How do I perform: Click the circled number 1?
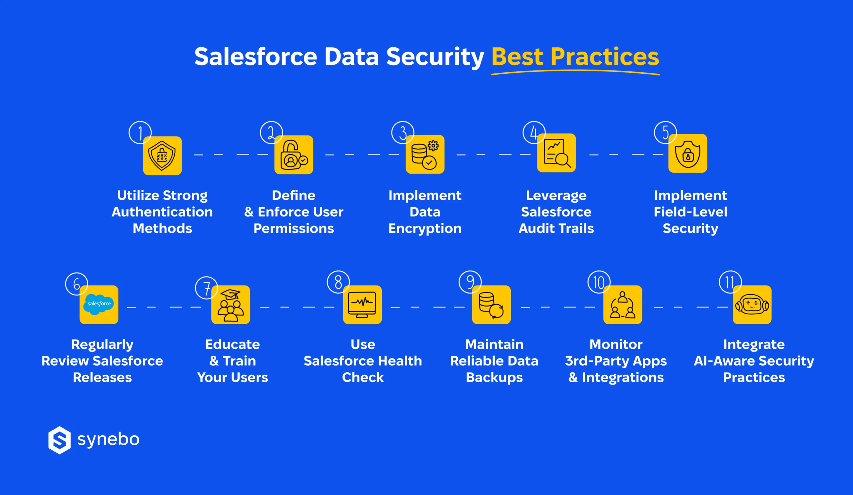140,132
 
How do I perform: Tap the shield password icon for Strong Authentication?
163,156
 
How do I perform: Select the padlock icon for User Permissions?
294,155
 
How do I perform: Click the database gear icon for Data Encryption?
425,154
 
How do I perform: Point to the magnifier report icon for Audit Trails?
556,153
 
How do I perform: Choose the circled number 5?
665,132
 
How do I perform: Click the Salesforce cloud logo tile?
99,305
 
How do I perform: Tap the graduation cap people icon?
231,305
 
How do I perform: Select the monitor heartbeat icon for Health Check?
362,305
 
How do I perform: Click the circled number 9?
470,282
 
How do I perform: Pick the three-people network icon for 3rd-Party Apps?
622,305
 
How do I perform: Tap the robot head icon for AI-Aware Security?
752,305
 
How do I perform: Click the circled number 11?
730,282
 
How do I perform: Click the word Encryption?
425,229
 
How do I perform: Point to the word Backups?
494,378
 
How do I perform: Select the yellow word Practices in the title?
604,57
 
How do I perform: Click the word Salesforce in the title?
256,57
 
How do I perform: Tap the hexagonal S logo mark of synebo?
60,440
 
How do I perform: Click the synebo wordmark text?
108,439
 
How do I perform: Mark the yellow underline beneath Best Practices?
575,72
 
